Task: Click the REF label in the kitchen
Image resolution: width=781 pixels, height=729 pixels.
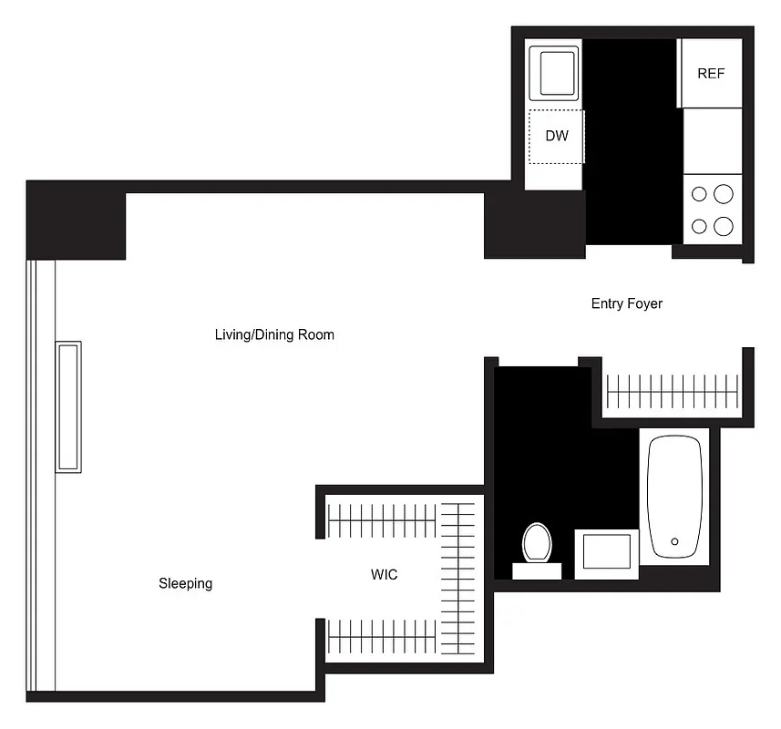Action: tap(711, 74)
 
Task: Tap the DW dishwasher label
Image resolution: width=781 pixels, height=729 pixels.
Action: tap(557, 137)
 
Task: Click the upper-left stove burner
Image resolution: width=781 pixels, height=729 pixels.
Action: tap(700, 193)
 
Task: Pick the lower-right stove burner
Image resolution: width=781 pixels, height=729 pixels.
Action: tap(724, 225)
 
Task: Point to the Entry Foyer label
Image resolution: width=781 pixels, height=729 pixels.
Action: tap(627, 303)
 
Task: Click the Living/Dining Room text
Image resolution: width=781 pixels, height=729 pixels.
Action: tap(274, 334)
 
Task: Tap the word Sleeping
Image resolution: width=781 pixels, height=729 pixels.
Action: tap(186, 583)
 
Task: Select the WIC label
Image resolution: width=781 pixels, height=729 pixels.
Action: tap(384, 575)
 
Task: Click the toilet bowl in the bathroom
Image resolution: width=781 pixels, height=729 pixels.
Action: tap(537, 543)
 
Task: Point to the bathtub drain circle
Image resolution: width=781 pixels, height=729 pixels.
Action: tap(674, 541)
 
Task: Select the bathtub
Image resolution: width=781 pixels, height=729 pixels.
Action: tap(674, 497)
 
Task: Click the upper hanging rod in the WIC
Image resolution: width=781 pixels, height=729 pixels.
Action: tap(383, 520)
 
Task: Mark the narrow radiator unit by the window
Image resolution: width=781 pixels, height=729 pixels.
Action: tap(68, 406)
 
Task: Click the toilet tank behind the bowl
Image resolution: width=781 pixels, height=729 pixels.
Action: tap(537, 571)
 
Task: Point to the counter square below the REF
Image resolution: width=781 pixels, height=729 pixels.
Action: tap(713, 140)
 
